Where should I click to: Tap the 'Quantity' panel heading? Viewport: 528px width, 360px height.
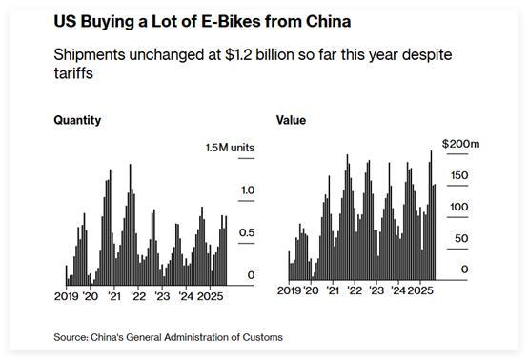(x=77, y=121)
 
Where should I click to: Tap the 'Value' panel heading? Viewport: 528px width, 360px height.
(x=291, y=121)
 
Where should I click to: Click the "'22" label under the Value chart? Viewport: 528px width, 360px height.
(x=355, y=288)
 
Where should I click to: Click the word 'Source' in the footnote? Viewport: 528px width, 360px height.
(x=71, y=337)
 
